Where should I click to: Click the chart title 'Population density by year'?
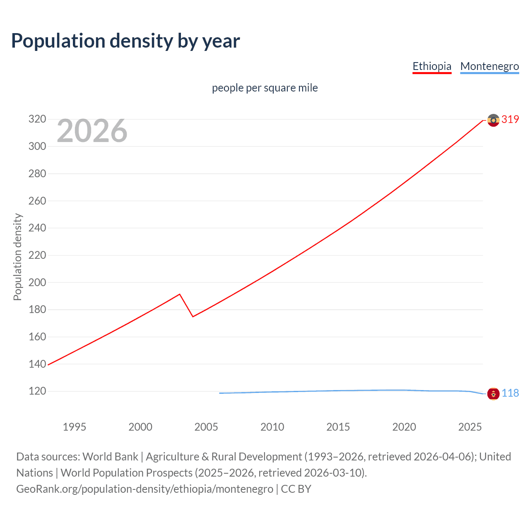coord(125,41)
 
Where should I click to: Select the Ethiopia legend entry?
coord(432,66)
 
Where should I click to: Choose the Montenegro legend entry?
coord(489,66)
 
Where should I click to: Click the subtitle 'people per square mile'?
coord(265,88)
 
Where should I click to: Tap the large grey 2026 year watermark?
coord(92,131)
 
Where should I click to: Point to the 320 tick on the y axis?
coord(37,119)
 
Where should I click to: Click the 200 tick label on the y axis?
coord(37,282)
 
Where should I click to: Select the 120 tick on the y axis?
coord(37,391)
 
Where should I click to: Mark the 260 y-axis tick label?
coord(37,201)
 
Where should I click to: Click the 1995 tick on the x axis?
coord(75,427)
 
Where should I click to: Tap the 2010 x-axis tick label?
coord(272,427)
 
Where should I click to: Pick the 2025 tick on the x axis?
coord(470,427)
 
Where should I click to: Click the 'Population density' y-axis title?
coord(17,257)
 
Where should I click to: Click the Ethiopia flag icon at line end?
coord(493,120)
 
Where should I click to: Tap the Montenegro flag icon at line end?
coord(493,394)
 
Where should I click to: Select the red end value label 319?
coord(510,119)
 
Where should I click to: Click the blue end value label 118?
coord(510,393)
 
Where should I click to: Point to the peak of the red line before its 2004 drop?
coord(180,294)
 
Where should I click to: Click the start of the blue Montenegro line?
coord(220,393)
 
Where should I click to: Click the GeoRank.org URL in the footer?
coord(145,489)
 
